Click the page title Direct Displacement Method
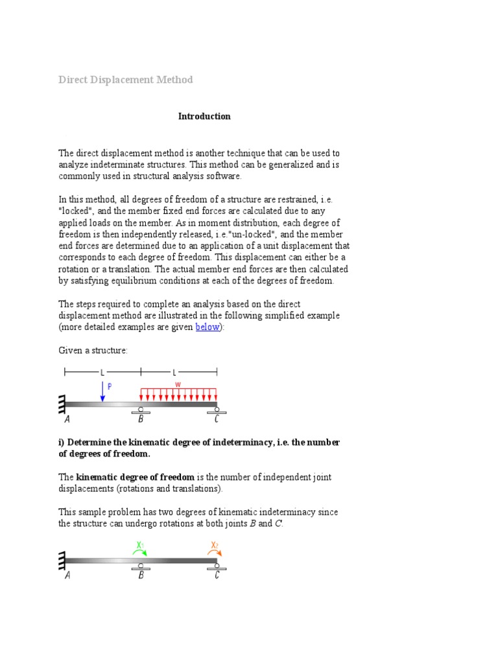click(x=126, y=80)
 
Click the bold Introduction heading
click(x=204, y=117)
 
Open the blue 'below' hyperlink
click(x=207, y=327)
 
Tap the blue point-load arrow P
click(x=102, y=392)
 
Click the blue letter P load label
click(x=109, y=386)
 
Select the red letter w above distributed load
click(x=178, y=384)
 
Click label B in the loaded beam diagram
click(x=141, y=419)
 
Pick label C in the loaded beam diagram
click(x=217, y=419)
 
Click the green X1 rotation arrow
click(x=140, y=551)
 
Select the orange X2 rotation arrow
click(x=215, y=551)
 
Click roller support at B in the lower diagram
click(x=141, y=565)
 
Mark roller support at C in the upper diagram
click(x=217, y=410)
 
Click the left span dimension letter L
click(x=102, y=372)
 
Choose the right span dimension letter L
click(x=174, y=372)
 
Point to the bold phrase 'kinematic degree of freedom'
click(x=135, y=477)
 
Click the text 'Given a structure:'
click(x=93, y=350)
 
